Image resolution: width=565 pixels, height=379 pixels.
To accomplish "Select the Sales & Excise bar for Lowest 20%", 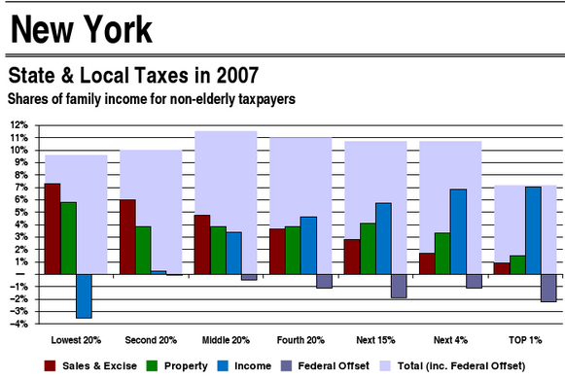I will tap(53, 228).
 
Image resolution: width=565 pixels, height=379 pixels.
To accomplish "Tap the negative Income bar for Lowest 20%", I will tap(84, 295).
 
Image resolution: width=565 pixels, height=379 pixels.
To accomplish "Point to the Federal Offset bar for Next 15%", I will tap(399, 286).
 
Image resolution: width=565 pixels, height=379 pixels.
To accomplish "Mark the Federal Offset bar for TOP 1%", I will tap(548, 288).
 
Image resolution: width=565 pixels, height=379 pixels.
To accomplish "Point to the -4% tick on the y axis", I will tap(18, 324).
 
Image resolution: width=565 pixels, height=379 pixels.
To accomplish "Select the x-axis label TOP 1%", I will tap(524, 341).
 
